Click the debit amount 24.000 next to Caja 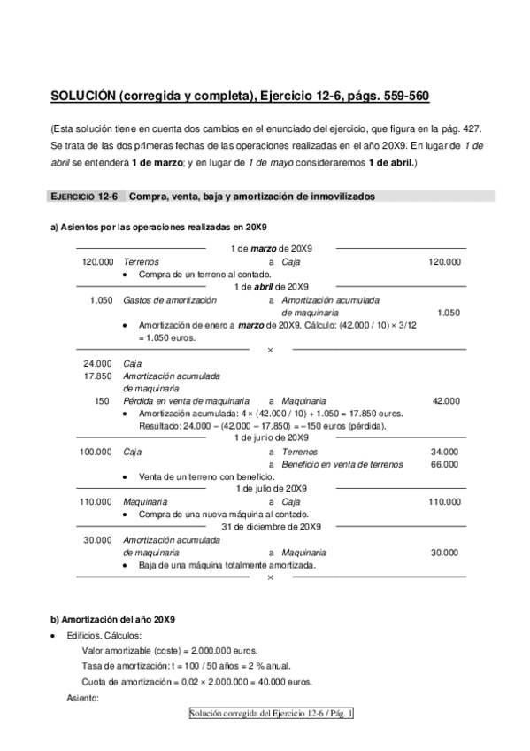click(x=97, y=363)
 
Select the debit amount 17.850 click(x=97, y=375)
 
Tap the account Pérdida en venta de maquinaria click(x=186, y=400)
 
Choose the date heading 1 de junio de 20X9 click(x=272, y=437)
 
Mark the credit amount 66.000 click(x=444, y=463)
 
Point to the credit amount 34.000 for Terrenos click(x=444, y=451)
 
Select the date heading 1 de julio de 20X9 click(x=272, y=488)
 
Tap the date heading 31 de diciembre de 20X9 click(x=271, y=526)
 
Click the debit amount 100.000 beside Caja click(x=96, y=451)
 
